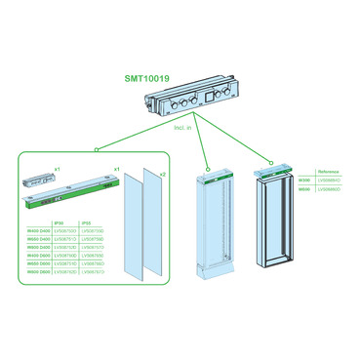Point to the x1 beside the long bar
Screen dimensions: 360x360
(117, 170)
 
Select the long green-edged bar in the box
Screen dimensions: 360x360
(70, 195)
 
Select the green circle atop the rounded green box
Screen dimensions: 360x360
(96, 150)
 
